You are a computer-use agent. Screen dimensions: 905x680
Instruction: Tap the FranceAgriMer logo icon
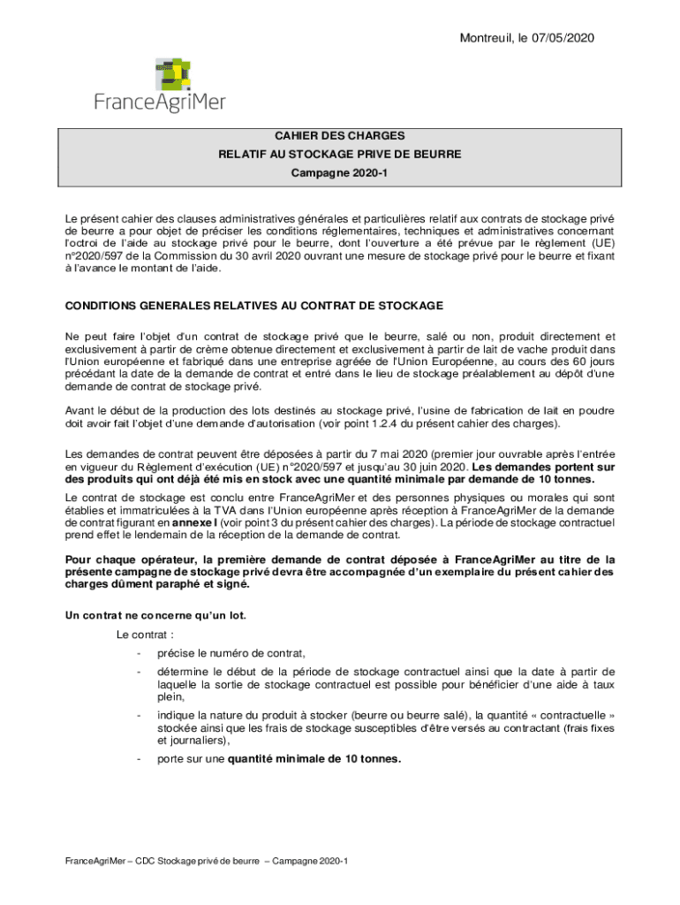pyautogui.click(x=174, y=74)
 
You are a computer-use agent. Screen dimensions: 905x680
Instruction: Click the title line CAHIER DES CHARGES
pyautogui.click(x=339, y=136)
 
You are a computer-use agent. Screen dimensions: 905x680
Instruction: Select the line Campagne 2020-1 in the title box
pyautogui.click(x=339, y=174)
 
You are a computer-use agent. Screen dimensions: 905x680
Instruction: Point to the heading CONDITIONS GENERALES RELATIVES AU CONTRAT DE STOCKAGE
pyautogui.click(x=254, y=306)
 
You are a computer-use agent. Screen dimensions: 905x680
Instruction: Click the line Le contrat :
pyautogui.click(x=145, y=635)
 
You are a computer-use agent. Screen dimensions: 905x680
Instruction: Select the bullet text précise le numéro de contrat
pyautogui.click(x=231, y=653)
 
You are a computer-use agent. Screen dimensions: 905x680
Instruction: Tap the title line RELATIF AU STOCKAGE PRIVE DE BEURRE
pyautogui.click(x=339, y=155)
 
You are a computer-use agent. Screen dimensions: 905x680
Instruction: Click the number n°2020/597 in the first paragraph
pyautogui.click(x=92, y=255)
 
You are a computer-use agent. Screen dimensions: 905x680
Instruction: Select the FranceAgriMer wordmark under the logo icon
pyautogui.click(x=160, y=103)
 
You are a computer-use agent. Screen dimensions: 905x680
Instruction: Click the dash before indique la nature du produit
pyautogui.click(x=139, y=715)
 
